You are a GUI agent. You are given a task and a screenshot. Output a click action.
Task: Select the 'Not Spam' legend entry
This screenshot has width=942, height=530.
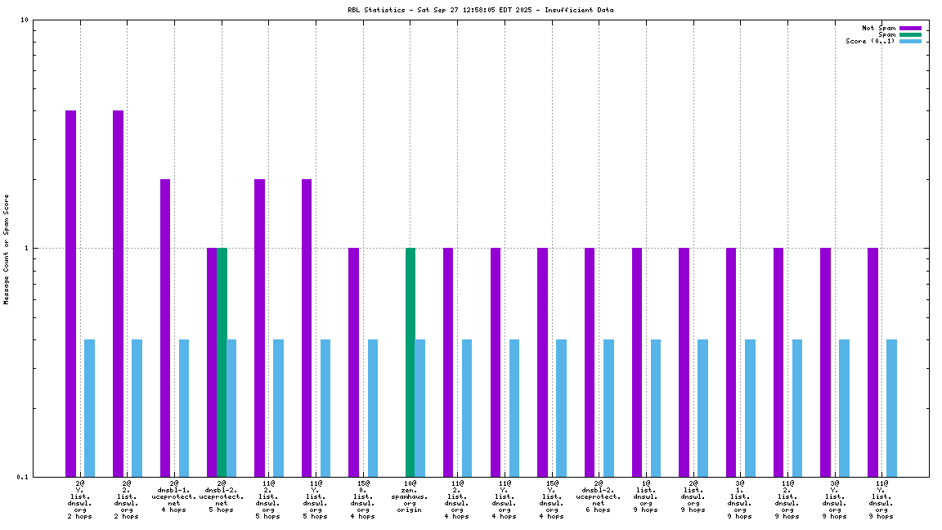879,28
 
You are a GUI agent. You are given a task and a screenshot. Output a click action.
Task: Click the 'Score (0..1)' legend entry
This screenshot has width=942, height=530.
871,41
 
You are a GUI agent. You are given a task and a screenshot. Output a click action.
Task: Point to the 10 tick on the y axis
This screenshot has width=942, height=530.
25,20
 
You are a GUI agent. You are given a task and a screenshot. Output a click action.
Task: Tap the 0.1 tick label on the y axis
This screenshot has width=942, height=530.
22,477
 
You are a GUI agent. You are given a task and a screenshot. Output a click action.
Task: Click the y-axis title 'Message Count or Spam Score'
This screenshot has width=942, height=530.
7,249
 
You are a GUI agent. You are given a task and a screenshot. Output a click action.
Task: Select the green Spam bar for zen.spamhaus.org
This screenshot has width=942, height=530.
410,362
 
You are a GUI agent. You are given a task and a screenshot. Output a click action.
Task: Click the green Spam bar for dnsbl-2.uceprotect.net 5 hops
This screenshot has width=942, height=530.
222,362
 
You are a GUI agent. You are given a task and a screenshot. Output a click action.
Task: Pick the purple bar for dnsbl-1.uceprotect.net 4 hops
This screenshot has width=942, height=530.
165,327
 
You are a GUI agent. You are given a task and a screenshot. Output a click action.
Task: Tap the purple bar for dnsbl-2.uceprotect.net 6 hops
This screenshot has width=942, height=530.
590,362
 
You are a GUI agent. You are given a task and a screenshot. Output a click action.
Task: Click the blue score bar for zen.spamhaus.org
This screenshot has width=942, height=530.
420,407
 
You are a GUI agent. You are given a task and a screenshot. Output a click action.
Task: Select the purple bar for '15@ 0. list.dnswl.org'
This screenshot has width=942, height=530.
353,362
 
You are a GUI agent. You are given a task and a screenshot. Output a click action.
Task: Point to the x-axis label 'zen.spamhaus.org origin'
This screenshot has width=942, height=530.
410,500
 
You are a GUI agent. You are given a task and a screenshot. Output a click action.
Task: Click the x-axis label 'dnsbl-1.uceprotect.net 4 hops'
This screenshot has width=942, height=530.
174,496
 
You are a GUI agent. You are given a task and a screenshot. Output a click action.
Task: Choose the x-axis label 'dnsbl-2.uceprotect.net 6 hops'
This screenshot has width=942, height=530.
599,496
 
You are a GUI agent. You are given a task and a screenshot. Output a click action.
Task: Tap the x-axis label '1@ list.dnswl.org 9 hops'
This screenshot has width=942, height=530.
646,496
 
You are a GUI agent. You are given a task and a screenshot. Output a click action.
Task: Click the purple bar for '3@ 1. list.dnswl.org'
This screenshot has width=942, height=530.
731,362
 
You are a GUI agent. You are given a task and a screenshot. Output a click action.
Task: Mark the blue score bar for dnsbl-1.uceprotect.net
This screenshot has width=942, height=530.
184,407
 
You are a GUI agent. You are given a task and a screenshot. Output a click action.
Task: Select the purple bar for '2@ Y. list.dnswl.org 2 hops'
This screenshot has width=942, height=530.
71,293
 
